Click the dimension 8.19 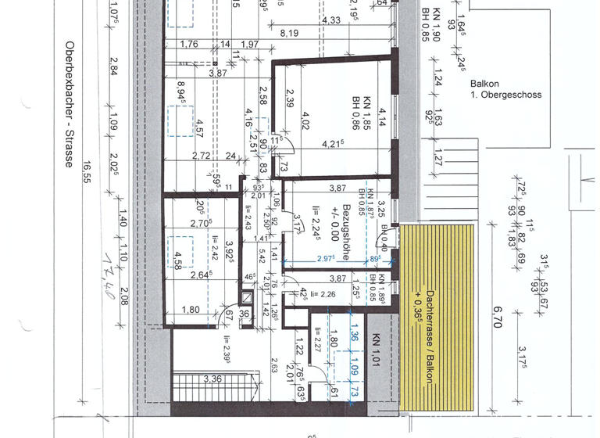tap(291, 33)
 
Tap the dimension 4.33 tap(330, 20)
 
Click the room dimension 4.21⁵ tap(334, 143)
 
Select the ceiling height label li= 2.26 tap(322, 294)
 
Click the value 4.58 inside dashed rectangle tap(178, 259)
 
